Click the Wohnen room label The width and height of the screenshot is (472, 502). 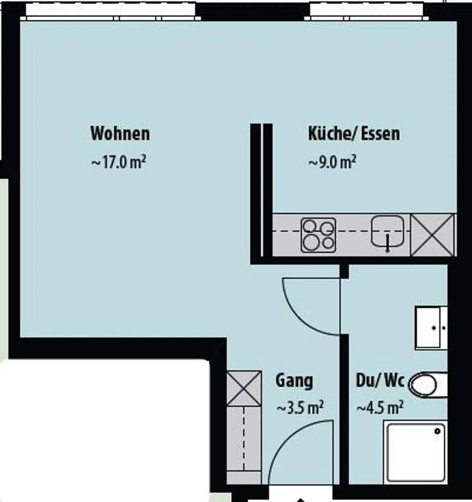tap(120, 133)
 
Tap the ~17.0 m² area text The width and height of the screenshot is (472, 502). tap(118, 162)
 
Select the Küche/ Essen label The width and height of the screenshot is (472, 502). tap(354, 133)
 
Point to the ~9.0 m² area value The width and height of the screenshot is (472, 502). tap(332, 162)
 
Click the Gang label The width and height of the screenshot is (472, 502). tap(294, 381)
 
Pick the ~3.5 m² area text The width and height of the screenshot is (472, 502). tap(300, 408)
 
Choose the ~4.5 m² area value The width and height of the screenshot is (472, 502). tap(380, 408)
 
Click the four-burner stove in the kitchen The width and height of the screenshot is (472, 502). tap(318, 235)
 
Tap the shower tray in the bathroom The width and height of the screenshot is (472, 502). tap(416, 453)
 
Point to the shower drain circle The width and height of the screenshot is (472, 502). tap(437, 431)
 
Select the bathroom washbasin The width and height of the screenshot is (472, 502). tap(431, 328)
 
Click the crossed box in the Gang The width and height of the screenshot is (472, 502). tap(244, 389)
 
